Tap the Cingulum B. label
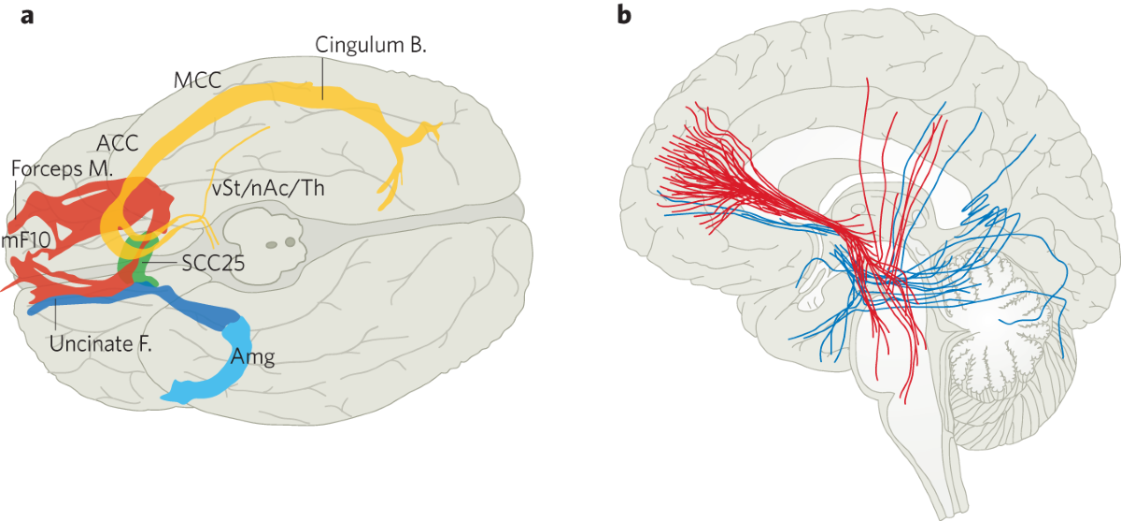pyautogui.click(x=370, y=45)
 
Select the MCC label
pyautogui.click(x=196, y=81)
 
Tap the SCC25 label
pyautogui.click(x=214, y=264)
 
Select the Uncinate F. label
pyautogui.click(x=100, y=342)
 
